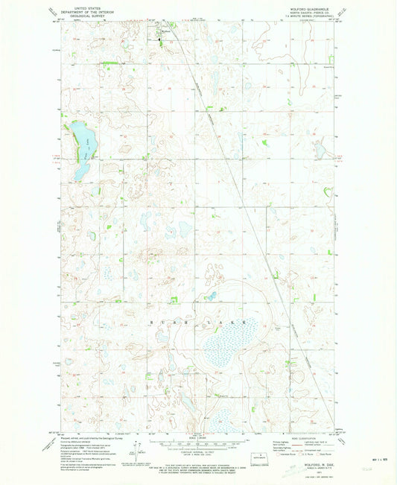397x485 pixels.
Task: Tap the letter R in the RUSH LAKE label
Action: pos(155,315)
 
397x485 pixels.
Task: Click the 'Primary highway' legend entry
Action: pos(279,442)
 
